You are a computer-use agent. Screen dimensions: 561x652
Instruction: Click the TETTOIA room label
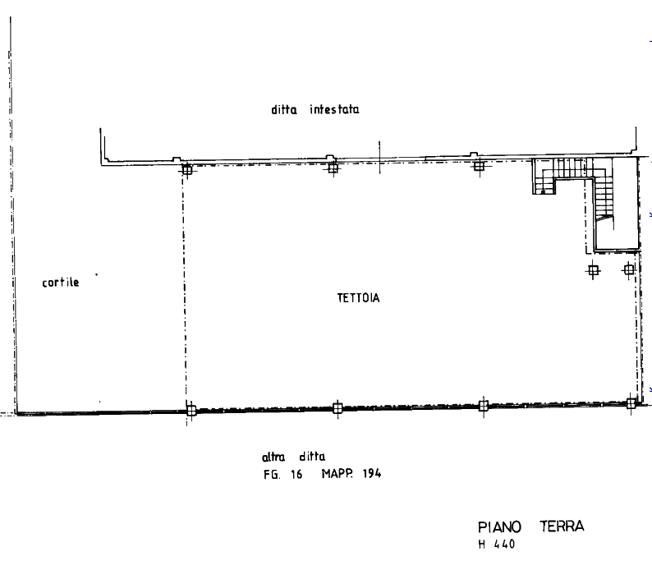click(x=357, y=298)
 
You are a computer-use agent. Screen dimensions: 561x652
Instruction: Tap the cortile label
click(x=61, y=283)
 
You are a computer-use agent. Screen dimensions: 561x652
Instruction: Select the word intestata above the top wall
click(x=334, y=109)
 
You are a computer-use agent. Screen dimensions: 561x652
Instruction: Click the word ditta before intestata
click(x=284, y=109)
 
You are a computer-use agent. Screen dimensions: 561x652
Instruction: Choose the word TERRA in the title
click(x=562, y=527)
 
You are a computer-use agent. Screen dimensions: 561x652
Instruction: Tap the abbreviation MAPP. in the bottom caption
click(x=337, y=474)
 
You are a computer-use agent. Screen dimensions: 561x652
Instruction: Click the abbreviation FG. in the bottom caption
click(x=269, y=474)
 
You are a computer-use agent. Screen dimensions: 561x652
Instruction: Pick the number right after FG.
click(x=296, y=474)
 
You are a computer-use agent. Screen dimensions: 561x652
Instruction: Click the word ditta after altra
click(x=313, y=457)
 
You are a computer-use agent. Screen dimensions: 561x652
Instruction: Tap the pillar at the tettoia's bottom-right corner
click(x=631, y=402)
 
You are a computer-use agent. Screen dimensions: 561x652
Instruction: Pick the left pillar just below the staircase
click(x=593, y=268)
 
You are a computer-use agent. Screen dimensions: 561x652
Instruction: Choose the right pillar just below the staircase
click(x=629, y=268)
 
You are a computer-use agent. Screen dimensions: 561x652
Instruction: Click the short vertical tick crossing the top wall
click(x=379, y=158)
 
